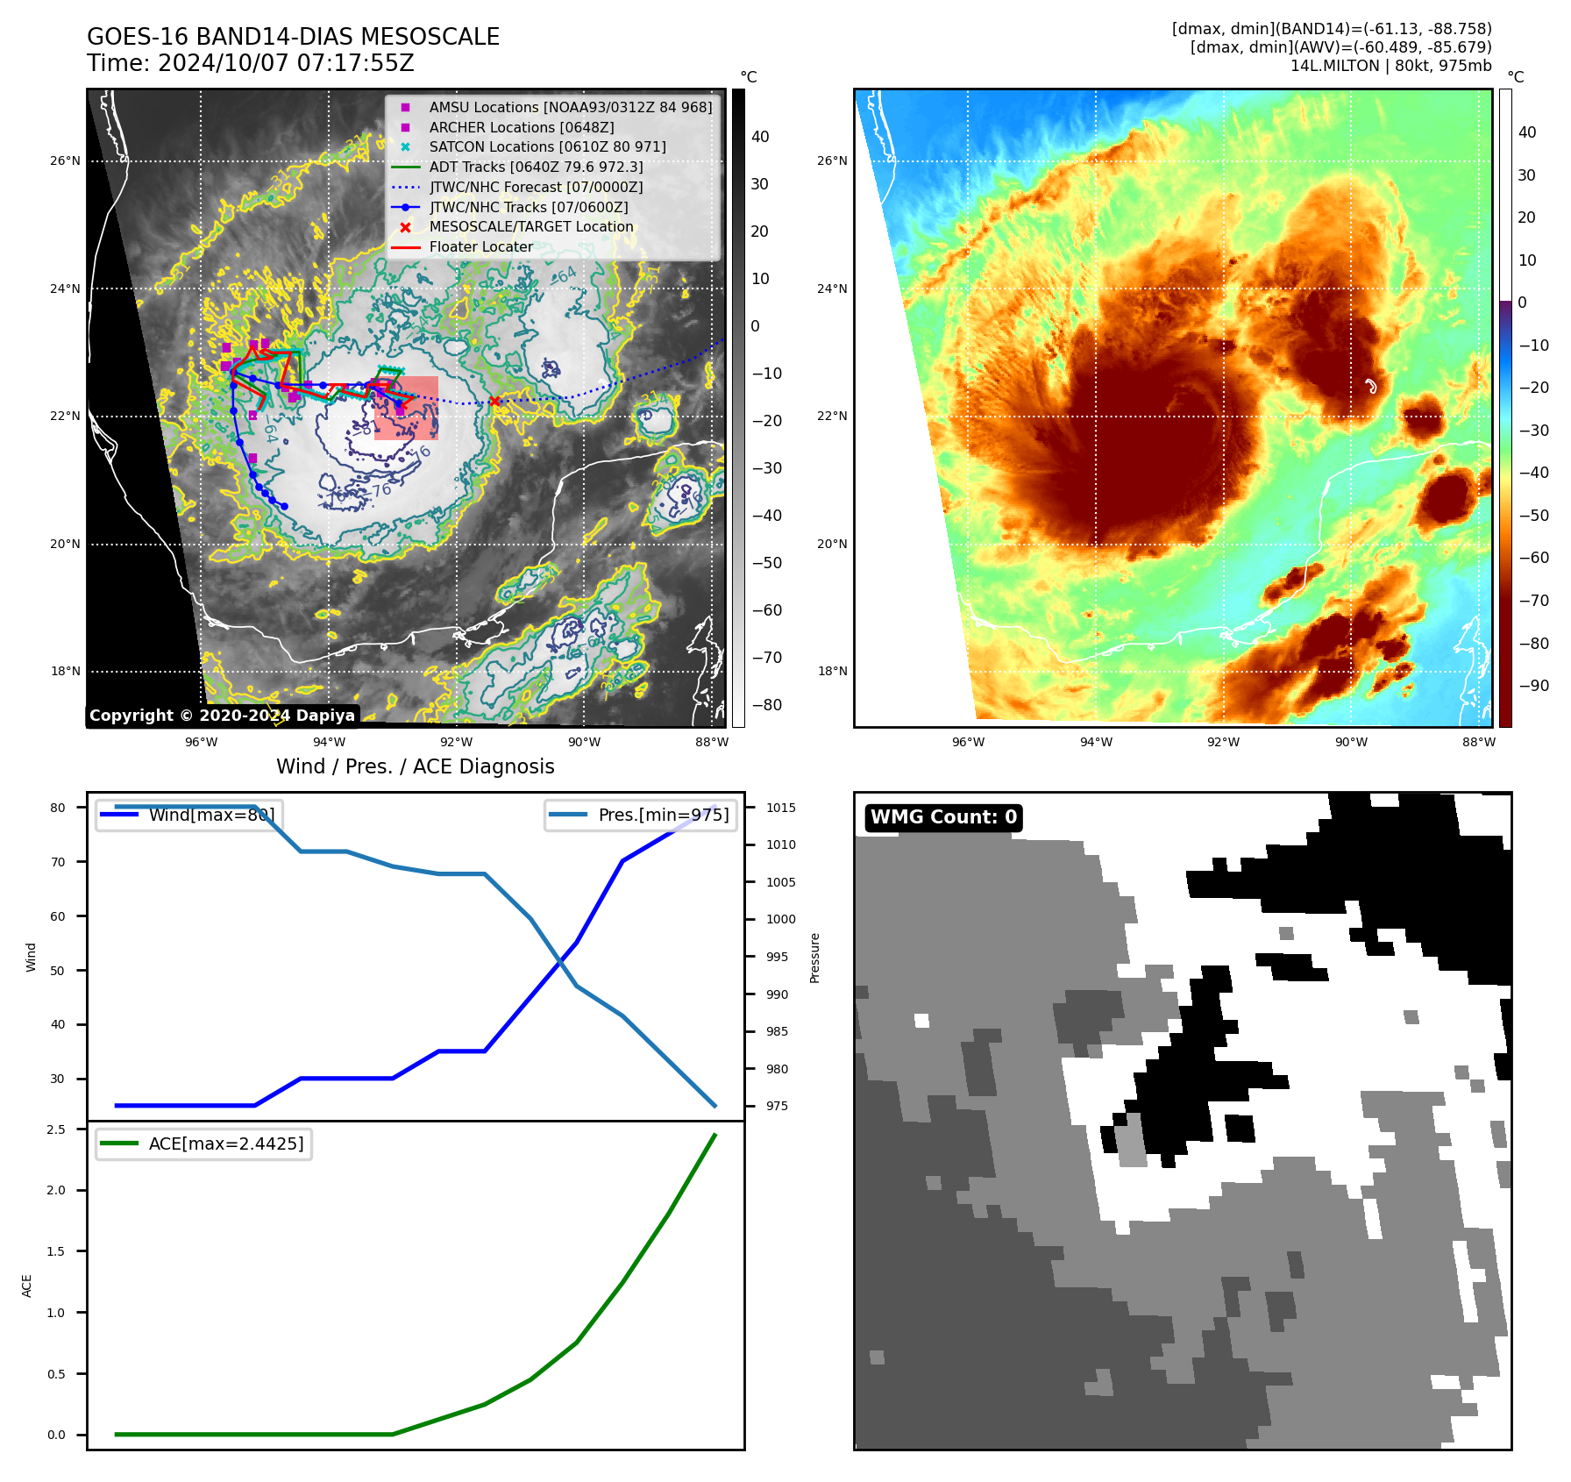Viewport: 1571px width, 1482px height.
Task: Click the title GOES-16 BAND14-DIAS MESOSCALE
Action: point(293,37)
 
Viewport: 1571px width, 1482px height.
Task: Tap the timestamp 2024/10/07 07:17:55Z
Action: point(286,63)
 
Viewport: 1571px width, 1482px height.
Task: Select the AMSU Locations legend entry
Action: point(570,107)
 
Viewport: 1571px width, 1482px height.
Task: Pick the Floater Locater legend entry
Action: point(480,247)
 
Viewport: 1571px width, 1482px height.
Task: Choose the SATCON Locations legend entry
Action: point(547,147)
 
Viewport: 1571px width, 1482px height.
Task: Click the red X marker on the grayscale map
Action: point(495,402)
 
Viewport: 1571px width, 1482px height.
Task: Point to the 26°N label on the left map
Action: point(65,161)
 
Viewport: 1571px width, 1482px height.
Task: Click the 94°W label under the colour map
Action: point(1096,742)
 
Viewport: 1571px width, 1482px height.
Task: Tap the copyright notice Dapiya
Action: point(222,716)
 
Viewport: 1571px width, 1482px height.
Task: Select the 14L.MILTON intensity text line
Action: point(1390,66)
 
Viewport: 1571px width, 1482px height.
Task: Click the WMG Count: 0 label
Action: point(943,817)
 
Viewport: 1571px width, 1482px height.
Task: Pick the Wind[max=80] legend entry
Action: point(210,815)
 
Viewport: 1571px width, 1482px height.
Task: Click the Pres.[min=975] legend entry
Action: point(663,815)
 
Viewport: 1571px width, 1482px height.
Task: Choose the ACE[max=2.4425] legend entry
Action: point(225,1144)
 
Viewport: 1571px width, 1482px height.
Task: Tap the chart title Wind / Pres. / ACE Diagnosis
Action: point(415,766)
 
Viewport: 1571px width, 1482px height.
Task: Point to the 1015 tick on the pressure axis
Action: point(780,808)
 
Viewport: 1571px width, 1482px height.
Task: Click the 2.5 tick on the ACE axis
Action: point(56,1129)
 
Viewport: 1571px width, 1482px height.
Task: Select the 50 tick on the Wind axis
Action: point(58,971)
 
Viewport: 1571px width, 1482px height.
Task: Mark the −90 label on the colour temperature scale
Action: point(1533,686)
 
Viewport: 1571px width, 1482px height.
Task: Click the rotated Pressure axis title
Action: point(815,958)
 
